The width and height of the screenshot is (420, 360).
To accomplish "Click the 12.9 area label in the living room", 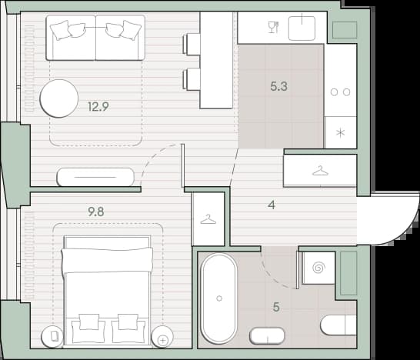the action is point(98,107).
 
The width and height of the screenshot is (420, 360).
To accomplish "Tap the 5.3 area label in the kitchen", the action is point(278,86).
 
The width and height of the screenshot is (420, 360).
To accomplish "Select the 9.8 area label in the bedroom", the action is point(96,212).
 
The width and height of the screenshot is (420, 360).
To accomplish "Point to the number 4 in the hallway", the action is point(272,205).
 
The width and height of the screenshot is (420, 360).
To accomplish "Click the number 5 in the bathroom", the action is point(276,307).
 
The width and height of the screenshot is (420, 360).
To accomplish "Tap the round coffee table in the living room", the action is point(59,98).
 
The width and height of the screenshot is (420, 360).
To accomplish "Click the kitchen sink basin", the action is point(302,28).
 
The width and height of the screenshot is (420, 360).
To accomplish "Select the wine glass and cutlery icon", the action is point(274,28).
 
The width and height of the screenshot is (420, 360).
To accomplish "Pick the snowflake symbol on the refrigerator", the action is point(341,133).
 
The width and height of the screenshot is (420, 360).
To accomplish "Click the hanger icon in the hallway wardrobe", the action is point(320,171).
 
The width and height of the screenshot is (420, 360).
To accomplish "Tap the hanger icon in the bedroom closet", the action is point(208,220).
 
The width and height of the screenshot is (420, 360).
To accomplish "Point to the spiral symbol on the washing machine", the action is point(318,268).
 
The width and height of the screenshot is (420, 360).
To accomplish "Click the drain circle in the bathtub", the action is point(219,298).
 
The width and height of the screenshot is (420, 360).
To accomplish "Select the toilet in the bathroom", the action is point(338,325).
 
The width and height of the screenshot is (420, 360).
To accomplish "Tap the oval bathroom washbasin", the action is point(267,336).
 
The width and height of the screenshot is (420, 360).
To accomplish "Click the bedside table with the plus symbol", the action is point(162,337).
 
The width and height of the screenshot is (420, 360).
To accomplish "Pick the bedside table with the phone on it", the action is point(52,337).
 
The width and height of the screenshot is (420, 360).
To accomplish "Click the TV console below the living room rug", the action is point(95,177).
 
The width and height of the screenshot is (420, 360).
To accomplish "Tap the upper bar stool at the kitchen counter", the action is point(192,44).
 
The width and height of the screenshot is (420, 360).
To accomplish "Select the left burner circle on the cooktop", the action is point(334,92).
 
